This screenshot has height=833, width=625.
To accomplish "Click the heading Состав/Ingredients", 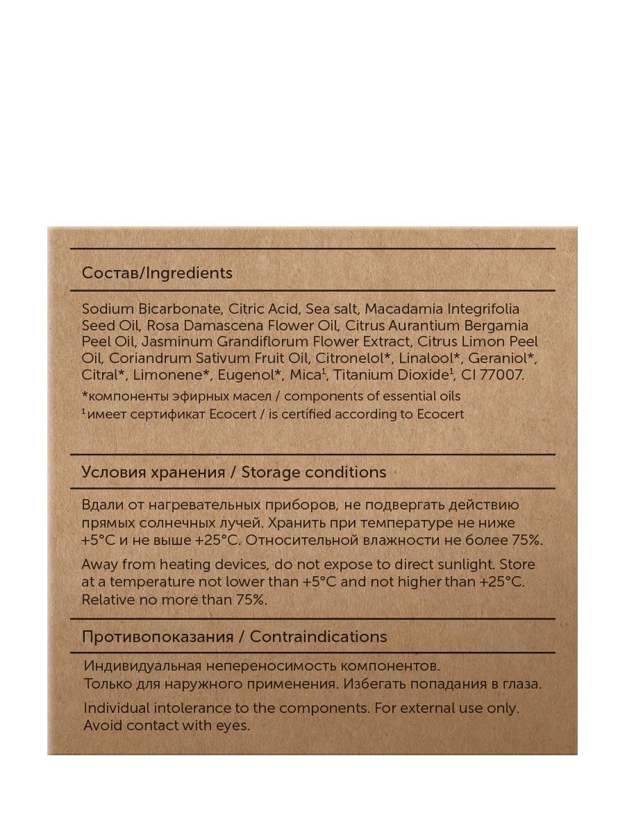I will [x=157, y=273].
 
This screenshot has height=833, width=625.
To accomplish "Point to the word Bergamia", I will [x=497, y=325].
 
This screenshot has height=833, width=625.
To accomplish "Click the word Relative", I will [x=107, y=599].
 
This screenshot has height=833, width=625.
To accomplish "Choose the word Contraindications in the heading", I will [x=318, y=637].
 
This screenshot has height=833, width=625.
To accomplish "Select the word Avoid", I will [x=103, y=725].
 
